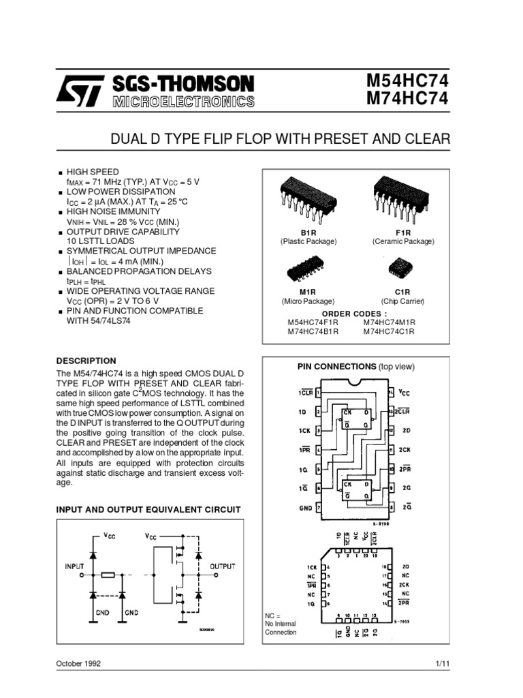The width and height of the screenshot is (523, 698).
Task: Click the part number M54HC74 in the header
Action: click(x=409, y=81)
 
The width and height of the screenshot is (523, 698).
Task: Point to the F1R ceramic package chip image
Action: click(x=402, y=194)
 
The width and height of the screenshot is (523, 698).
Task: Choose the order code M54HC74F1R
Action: click(x=313, y=322)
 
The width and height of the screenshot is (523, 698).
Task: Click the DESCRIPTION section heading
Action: click(x=86, y=361)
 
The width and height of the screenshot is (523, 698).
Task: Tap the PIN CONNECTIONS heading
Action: click(x=336, y=366)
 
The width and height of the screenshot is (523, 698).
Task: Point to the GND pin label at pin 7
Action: click(x=304, y=508)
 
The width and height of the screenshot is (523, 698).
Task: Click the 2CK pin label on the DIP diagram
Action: click(x=405, y=450)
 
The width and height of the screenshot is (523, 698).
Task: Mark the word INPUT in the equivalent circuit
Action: click(x=75, y=566)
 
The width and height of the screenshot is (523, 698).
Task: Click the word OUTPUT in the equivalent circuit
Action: click(x=222, y=566)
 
